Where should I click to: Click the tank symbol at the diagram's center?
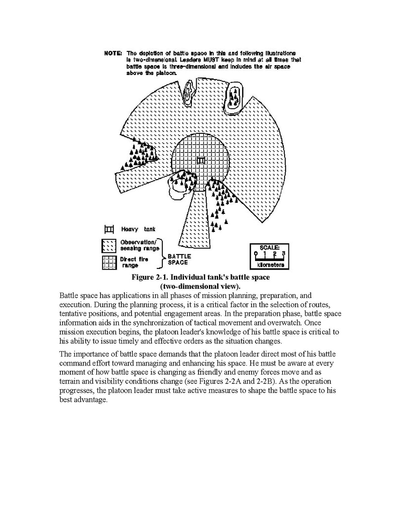click(201, 160)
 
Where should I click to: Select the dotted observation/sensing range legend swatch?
click(108, 246)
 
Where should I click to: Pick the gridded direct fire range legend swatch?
click(108, 262)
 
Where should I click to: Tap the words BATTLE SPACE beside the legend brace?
click(178, 259)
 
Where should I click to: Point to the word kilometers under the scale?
click(270, 265)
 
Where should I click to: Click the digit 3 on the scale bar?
click(283, 253)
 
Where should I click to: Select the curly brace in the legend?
click(162, 253)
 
